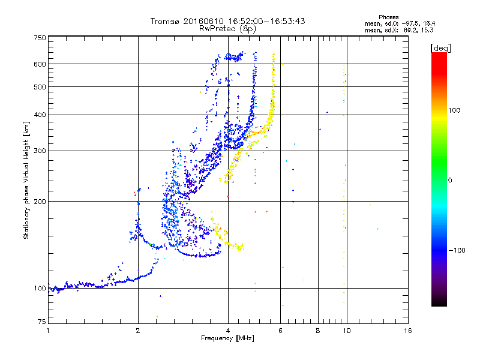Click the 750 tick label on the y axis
[40, 38]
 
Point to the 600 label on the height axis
[40, 64]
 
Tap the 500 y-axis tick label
[40, 87]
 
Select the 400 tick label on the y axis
[40, 115]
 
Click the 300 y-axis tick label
[40, 151]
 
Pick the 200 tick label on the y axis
[40, 202]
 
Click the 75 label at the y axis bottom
[42, 322]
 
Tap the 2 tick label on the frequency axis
[138, 331]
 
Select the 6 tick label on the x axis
[280, 331]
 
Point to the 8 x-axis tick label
[318, 331]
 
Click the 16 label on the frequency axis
[408, 331]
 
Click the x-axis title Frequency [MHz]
[227, 338]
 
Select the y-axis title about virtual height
[26, 181]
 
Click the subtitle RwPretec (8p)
[227, 29]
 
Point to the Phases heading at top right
[388, 17]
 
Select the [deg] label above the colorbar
[440, 49]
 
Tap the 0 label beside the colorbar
[449, 181]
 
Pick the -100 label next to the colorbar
[457, 250]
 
